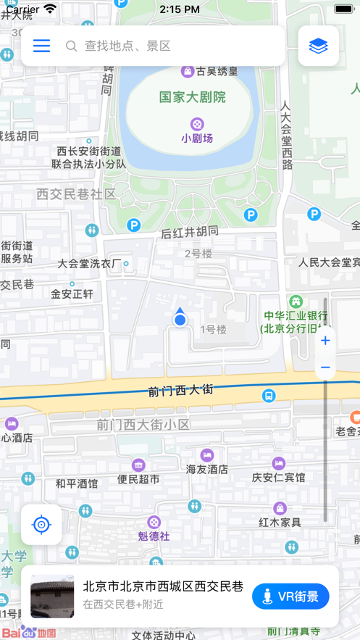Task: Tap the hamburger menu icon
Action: coord(41,46)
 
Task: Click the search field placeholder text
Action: coord(127,46)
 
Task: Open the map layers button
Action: coord(318,46)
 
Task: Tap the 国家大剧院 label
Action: coord(193,96)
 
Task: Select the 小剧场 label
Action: coord(197,138)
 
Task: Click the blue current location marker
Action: coord(180,319)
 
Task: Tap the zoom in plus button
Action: coord(325,341)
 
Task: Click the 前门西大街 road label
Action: coord(181,390)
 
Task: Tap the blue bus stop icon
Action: coord(269,396)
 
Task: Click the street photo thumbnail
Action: coord(52,597)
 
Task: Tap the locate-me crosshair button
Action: coord(41,525)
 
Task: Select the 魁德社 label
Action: coord(154,536)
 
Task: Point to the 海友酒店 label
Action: coord(207,470)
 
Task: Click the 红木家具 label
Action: coord(280,522)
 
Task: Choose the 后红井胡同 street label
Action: coord(189,232)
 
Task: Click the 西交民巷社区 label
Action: coord(76,194)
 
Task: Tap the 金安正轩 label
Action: coord(72,294)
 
